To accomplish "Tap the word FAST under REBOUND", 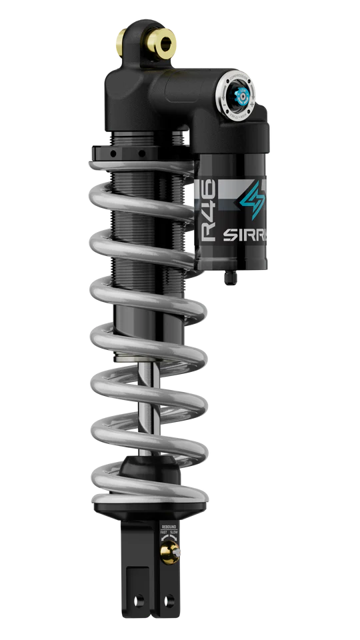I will point(162,532).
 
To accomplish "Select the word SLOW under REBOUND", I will point(174,532).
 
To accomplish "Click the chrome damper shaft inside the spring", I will point(155,400).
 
